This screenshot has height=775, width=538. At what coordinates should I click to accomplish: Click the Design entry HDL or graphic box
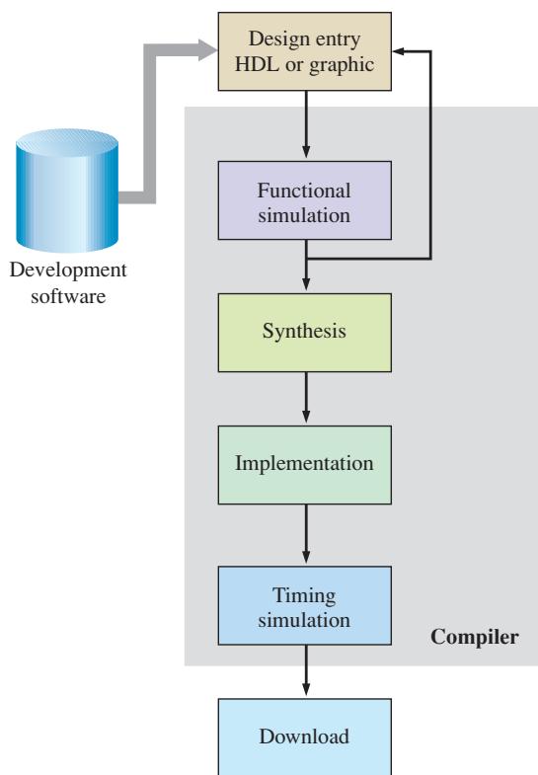pos(305,51)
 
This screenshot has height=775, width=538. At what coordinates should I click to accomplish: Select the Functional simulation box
pos(305,200)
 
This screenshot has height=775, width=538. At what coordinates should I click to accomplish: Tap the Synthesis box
pos(305,333)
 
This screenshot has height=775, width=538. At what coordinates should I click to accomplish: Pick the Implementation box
pos(305,465)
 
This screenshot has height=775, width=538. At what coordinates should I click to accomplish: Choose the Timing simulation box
pos(305,605)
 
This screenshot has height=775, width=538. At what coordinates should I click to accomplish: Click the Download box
pos(305,736)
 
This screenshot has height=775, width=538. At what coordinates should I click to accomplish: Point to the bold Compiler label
pos(475,638)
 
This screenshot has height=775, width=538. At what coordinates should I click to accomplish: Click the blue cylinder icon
pos(67,191)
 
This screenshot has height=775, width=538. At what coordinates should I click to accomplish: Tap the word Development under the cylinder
pos(68,271)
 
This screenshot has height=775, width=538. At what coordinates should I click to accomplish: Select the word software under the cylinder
pos(68,296)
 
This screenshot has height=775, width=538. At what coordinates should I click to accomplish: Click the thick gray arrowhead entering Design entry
pos(208,50)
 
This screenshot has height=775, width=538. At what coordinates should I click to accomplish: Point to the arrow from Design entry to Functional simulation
pos(306,124)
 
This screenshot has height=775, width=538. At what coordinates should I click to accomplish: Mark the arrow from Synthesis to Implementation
pos(306,398)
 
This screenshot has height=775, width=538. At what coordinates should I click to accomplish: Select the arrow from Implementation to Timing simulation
pos(306,534)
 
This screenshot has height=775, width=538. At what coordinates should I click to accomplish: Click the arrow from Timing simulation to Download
pos(306,670)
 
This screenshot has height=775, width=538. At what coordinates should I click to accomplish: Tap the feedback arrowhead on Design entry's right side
pos(398,51)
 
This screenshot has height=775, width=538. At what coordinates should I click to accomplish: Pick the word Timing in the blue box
pos(304,596)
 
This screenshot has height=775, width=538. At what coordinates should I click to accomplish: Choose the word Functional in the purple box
pos(304,191)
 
